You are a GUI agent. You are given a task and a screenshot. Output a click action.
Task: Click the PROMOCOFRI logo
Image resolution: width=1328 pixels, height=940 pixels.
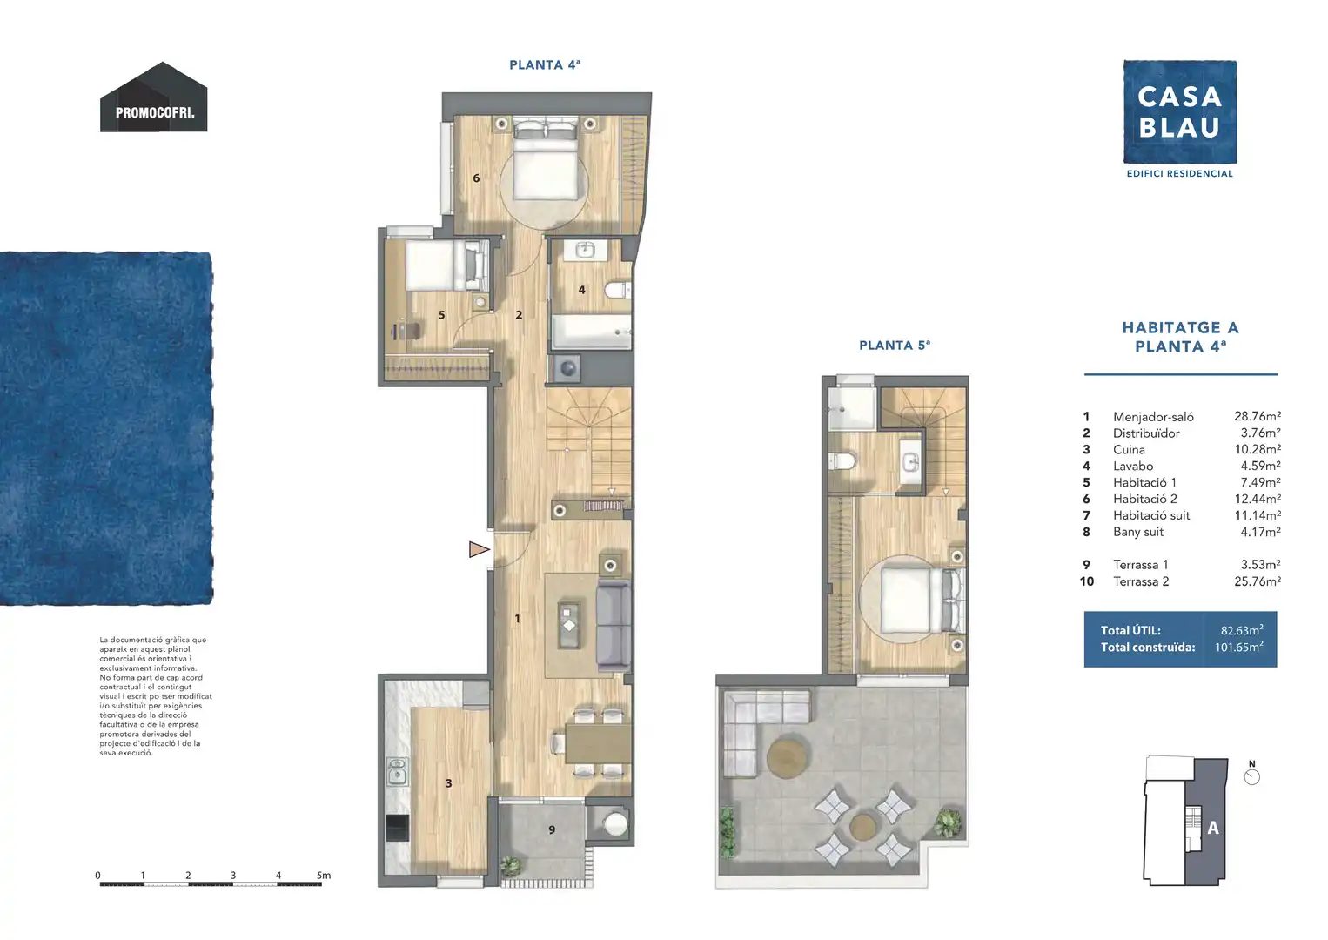point(153,97)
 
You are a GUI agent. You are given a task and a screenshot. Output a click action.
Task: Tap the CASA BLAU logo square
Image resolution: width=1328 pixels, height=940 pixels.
point(1180,111)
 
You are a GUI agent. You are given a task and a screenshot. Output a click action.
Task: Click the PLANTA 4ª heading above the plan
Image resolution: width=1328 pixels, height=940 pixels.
point(545,64)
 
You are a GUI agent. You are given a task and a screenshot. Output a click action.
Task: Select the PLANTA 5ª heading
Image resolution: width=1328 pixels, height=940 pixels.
point(895,346)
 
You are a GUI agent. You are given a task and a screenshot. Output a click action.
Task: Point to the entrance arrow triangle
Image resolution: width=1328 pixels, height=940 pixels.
point(479,549)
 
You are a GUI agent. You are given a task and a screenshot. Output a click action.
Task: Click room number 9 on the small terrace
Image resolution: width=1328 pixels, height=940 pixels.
point(552,829)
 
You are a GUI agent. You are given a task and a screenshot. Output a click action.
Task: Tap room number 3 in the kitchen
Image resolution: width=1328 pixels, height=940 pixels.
point(449,783)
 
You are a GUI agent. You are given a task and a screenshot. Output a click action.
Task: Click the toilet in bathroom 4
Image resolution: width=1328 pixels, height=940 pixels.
point(617,291)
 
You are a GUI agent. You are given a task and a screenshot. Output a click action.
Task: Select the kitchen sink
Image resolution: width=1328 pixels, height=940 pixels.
point(397,771)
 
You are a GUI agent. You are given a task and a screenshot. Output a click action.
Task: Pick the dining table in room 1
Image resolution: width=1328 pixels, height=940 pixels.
point(598,743)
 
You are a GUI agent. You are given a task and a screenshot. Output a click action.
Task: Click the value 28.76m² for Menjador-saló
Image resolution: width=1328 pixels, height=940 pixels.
point(1258,416)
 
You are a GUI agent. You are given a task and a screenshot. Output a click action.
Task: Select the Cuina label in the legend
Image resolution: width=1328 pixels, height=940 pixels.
point(1129,449)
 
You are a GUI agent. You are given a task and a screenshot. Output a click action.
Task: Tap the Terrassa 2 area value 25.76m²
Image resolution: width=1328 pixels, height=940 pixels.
point(1258,581)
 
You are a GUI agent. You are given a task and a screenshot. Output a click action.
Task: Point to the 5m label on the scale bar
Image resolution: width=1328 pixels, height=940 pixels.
point(324,876)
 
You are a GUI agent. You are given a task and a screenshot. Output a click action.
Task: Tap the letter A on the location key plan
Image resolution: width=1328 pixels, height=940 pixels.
point(1213,828)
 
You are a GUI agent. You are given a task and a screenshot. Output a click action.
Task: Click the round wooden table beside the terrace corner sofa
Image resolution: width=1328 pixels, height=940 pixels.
point(787,756)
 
